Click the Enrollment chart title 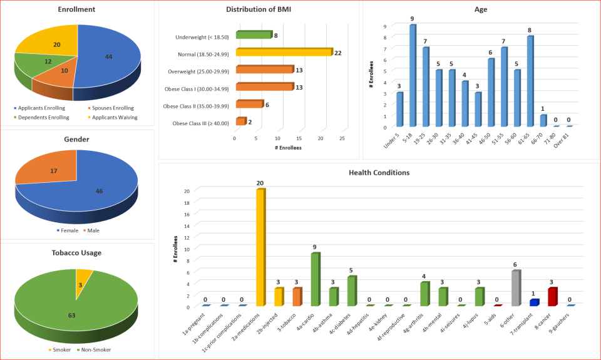(x=76, y=10)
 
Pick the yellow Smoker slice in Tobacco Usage (x=83, y=277)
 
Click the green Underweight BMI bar (x=254, y=35)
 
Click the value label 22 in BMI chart (x=337, y=53)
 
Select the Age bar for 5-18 (x=413, y=76)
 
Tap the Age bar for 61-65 (x=530, y=81)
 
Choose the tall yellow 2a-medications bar (x=260, y=248)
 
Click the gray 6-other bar (x=515, y=289)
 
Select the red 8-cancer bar (x=552, y=297)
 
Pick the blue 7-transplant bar (x=534, y=303)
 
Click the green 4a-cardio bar (x=316, y=280)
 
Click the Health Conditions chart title (x=379, y=172)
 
